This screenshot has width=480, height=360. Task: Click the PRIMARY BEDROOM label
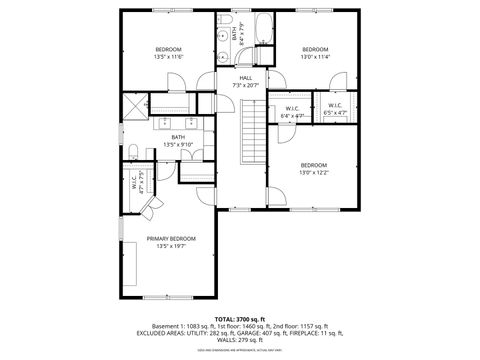(171, 238)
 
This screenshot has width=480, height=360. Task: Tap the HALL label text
(245, 77)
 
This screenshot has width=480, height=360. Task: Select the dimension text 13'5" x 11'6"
(168, 58)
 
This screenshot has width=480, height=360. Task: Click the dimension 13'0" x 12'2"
(314, 173)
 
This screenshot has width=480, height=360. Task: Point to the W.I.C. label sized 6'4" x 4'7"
(292, 116)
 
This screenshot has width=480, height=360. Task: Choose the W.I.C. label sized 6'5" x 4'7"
(334, 113)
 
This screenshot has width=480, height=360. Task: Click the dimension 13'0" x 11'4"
(315, 57)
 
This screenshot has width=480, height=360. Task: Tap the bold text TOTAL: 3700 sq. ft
(245, 317)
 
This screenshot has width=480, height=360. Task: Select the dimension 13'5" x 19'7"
(171, 246)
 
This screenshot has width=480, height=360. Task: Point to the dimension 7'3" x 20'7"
(245, 85)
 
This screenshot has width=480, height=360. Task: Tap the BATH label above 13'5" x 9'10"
(178, 137)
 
